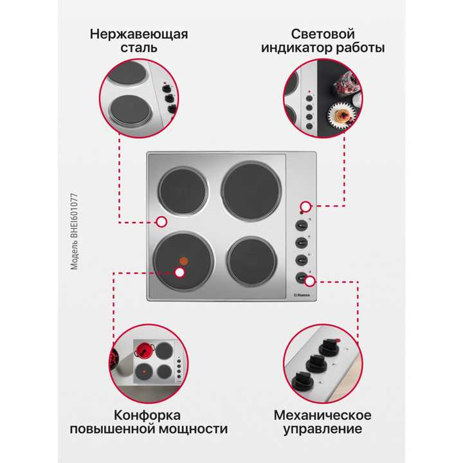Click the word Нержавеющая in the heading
click(x=139, y=33)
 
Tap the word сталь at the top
click(x=139, y=48)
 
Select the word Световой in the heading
click(x=323, y=33)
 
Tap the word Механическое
click(x=322, y=415)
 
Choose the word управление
click(x=322, y=429)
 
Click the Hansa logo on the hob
click(x=301, y=295)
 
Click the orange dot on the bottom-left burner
click(x=184, y=261)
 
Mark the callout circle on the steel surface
click(x=161, y=221)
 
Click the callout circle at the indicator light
click(x=306, y=206)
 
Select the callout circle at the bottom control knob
click(x=310, y=281)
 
